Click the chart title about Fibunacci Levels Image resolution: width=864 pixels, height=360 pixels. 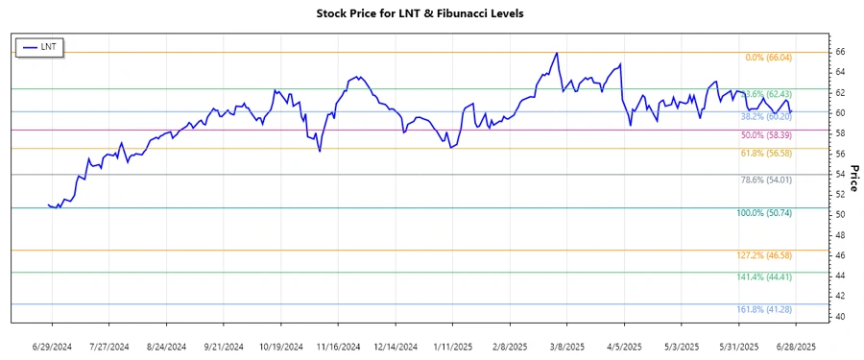point(433,13)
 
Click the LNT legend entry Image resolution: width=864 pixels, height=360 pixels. point(39,47)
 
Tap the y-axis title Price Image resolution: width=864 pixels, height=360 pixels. point(853,179)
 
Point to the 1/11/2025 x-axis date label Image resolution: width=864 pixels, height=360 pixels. point(454,346)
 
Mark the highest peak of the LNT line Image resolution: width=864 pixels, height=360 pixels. point(557,53)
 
